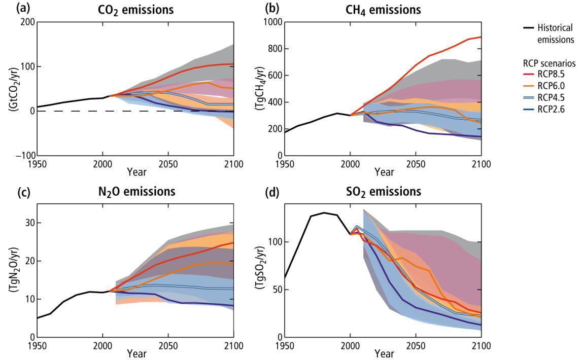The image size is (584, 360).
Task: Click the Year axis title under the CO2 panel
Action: pos(136,172)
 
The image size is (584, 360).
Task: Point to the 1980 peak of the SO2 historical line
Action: pos(324,212)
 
